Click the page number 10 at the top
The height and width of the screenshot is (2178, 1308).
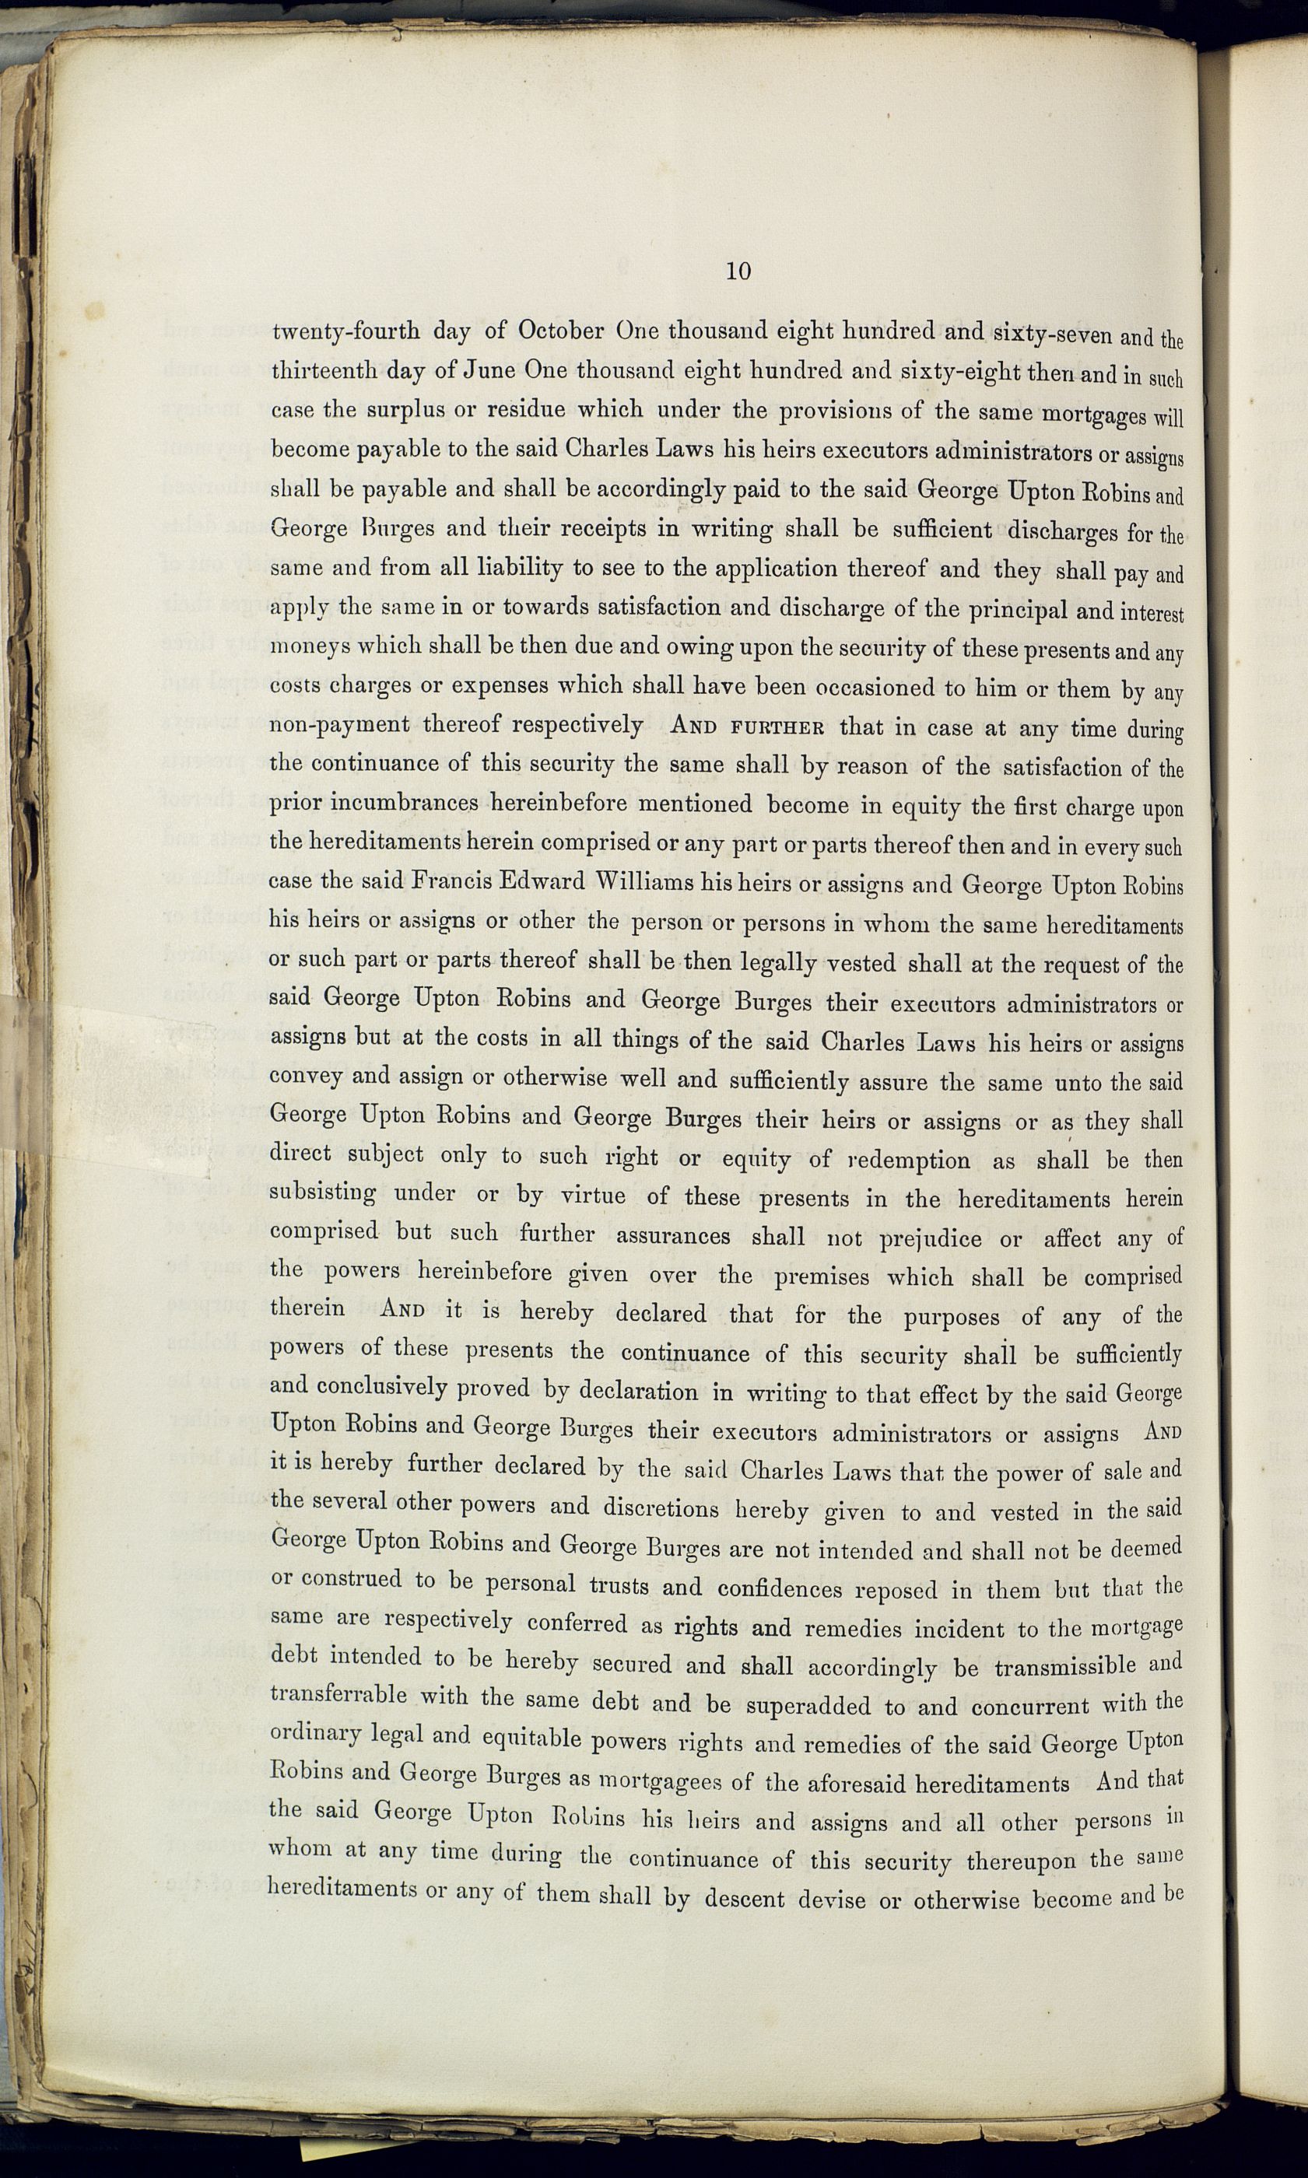738,271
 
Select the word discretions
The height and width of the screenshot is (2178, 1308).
661,1507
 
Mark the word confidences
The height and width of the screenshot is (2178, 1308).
780,1588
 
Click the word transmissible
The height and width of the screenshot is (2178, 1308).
1064,1667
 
